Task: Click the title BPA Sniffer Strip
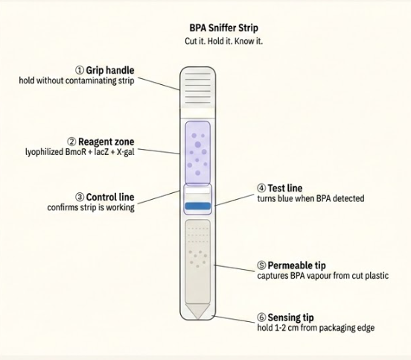pyautogui.click(x=223, y=28)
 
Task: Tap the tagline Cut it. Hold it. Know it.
pyautogui.click(x=223, y=41)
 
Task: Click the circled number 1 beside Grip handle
pyautogui.click(x=80, y=70)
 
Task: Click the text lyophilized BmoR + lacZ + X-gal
pyautogui.click(x=80, y=152)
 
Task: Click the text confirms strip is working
pyautogui.click(x=91, y=207)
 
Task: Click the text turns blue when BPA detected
pyautogui.click(x=310, y=198)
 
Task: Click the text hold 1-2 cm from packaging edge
pyautogui.click(x=316, y=328)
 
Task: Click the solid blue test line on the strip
pyautogui.click(x=197, y=206)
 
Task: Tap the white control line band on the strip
pyautogui.click(x=197, y=190)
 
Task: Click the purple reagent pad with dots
pyautogui.click(x=197, y=153)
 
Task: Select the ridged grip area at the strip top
pyautogui.click(x=197, y=88)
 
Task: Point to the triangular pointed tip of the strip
pyautogui.click(x=197, y=312)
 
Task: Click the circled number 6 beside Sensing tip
pyautogui.click(x=261, y=318)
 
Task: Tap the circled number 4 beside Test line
pyautogui.click(x=261, y=188)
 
